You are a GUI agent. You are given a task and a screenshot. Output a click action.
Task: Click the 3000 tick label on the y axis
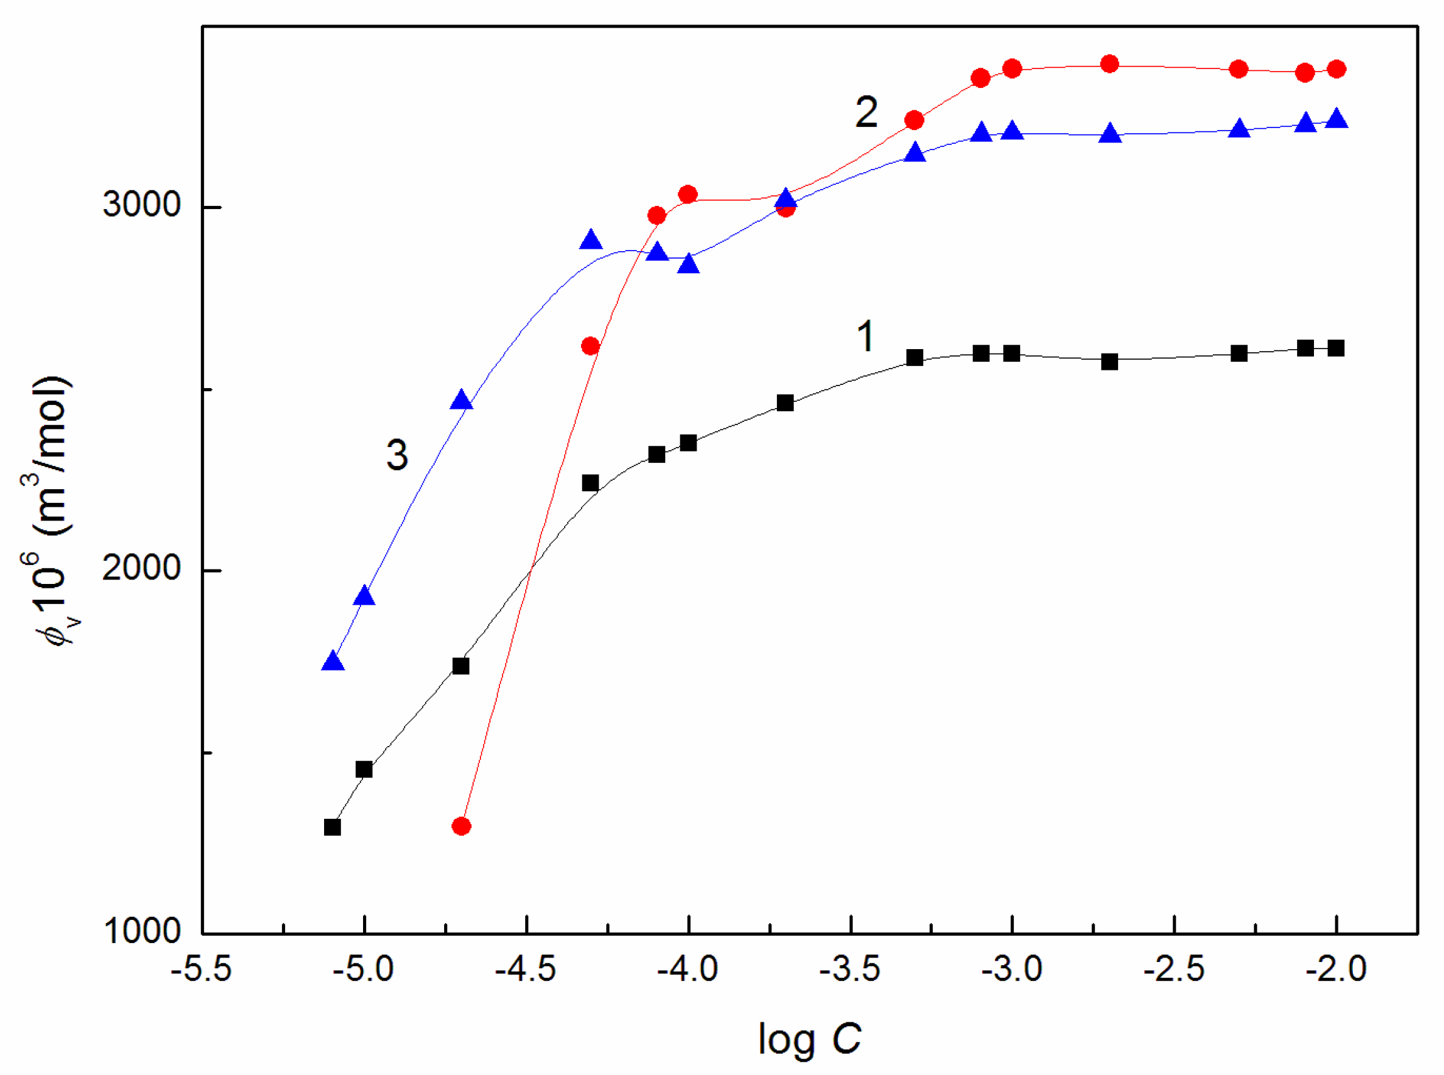click(141, 204)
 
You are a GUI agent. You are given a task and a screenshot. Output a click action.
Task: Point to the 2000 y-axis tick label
click(141, 568)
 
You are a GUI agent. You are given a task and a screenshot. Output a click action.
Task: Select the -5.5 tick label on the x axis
click(201, 969)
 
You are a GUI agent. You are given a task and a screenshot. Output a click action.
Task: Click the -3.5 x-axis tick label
click(850, 969)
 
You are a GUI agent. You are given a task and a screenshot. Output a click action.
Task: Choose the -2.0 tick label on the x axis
click(1336, 969)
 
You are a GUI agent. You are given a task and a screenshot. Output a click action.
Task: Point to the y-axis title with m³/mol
click(52, 511)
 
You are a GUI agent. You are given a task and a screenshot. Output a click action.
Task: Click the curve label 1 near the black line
click(865, 337)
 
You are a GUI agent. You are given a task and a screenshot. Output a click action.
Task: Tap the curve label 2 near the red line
click(866, 112)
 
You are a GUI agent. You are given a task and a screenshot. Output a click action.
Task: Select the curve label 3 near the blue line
click(397, 454)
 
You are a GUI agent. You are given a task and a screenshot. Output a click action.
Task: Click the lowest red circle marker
click(462, 826)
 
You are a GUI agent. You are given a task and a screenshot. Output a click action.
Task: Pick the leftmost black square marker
click(332, 828)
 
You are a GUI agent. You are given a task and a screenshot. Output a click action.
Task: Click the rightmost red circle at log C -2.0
click(1336, 69)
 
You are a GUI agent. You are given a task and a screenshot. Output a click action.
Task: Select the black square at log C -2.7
click(1109, 362)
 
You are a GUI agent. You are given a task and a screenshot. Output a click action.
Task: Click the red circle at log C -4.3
click(590, 345)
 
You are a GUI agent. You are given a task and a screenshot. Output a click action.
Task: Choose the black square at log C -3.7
click(786, 402)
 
